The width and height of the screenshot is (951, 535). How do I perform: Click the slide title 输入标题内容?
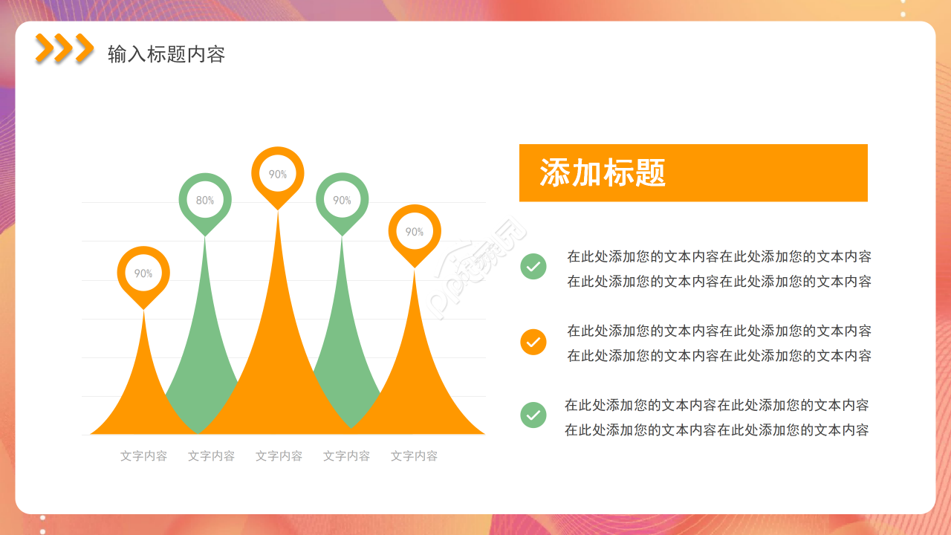click(166, 54)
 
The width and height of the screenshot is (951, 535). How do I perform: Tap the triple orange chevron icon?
click(65, 48)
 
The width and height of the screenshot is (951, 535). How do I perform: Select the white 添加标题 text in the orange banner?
click(603, 173)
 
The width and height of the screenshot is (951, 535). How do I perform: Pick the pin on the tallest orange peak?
click(278, 175)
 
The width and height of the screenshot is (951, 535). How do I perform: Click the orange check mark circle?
click(533, 342)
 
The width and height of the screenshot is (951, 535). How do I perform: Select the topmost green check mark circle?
click(533, 266)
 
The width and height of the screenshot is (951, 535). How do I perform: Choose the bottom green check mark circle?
click(533, 415)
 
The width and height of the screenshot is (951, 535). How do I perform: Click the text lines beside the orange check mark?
click(719, 343)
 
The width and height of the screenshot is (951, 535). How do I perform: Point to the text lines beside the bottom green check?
click(716, 418)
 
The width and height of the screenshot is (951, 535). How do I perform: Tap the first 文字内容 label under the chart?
click(143, 456)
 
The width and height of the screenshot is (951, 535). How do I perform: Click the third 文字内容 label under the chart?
click(279, 456)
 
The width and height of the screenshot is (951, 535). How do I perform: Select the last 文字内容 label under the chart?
click(414, 456)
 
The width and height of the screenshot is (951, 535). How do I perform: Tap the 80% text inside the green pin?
click(205, 201)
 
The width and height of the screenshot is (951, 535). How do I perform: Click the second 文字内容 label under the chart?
click(211, 456)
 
